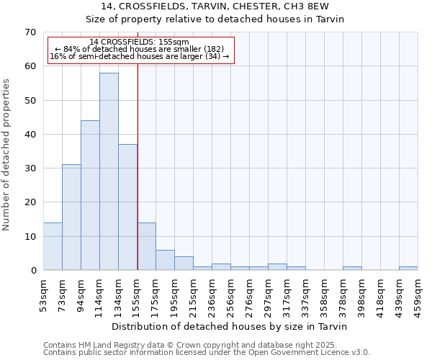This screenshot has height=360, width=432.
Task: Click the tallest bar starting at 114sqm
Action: (x=109, y=171)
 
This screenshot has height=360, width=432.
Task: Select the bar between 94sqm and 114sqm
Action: (x=90, y=195)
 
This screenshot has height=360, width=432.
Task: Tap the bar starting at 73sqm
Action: (x=71, y=217)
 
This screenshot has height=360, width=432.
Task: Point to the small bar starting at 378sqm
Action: (x=352, y=269)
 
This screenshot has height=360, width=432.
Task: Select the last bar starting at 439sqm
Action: (x=408, y=269)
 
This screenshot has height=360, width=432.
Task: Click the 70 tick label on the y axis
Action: (x=30, y=32)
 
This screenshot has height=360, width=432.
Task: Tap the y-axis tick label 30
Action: (x=30, y=168)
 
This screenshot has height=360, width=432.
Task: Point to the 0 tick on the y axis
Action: (x=32, y=271)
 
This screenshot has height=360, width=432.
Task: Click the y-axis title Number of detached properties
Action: (x=6, y=155)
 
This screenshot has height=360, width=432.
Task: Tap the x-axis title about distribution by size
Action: (x=230, y=327)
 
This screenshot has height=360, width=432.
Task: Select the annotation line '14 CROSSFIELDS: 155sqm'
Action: (x=141, y=42)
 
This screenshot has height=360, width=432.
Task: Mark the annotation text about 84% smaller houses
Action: (x=141, y=49)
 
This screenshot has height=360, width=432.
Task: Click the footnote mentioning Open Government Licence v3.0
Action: (x=207, y=353)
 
